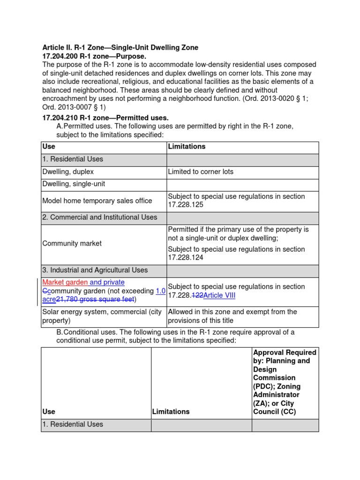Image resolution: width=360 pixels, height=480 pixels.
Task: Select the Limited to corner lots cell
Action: (201, 172)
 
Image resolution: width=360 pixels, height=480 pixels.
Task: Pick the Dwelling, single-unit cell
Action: (74, 184)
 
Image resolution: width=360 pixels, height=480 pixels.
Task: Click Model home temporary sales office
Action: (97, 201)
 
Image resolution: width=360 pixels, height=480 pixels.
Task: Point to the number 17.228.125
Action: (187, 205)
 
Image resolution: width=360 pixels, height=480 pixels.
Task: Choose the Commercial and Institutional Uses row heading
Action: (100, 217)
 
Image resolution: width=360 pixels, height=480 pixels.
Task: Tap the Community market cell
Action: (72, 243)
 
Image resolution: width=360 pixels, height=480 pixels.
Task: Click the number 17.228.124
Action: (187, 258)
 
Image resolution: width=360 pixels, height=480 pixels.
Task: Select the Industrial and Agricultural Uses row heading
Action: (95, 270)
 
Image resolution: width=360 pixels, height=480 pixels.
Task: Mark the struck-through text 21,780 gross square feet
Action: (95, 299)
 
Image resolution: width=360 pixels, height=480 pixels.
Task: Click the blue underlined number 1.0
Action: (160, 291)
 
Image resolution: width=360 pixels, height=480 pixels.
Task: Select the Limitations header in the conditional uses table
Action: (171, 412)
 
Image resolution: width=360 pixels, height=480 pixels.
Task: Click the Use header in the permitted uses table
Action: (49, 146)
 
